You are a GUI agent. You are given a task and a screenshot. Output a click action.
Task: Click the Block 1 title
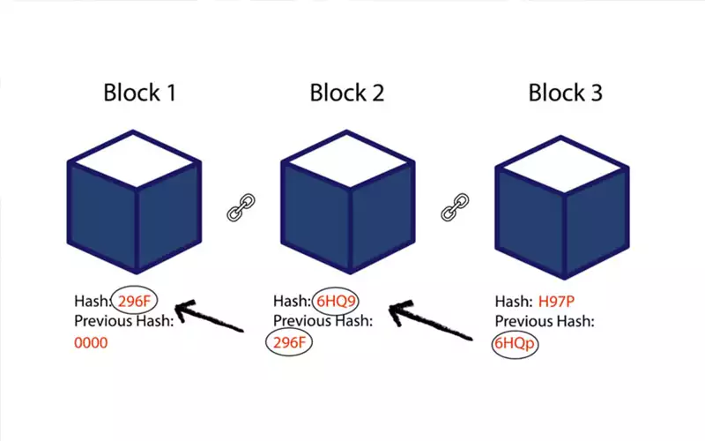pos(139,92)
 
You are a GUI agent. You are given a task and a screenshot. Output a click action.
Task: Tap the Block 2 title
pos(346,92)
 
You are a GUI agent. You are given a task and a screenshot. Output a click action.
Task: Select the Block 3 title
pos(565,92)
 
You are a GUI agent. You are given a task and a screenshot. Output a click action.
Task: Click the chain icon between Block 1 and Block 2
pos(240,209)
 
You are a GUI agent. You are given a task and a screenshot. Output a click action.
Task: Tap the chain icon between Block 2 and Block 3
pos(454,209)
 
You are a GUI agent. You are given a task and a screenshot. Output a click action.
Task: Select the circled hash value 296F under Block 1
pos(134,301)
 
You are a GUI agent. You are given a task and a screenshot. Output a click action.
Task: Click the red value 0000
pos(92,342)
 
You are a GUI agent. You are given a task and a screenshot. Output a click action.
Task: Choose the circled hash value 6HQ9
pos(338,301)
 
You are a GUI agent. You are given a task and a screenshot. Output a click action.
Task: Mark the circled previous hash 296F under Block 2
pos(288,342)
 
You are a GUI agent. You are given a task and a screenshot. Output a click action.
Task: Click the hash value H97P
pos(558,301)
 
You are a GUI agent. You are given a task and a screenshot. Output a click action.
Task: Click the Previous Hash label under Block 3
pos(545,321)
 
